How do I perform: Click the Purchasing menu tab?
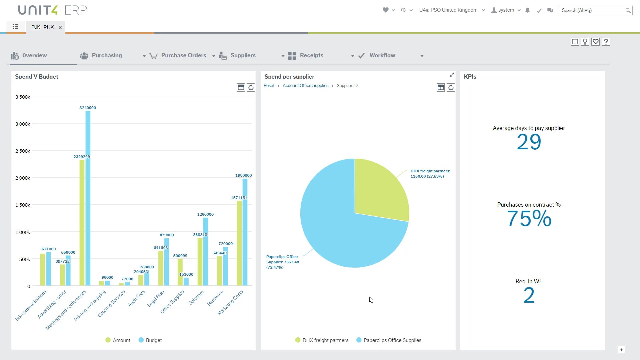pyautogui.click(x=106, y=56)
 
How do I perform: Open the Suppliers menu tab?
pyautogui.click(x=243, y=56)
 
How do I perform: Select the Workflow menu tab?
pyautogui.click(x=382, y=56)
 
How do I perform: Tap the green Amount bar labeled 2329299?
pyautogui.click(x=82, y=223)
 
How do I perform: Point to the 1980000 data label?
pyautogui.click(x=243, y=175)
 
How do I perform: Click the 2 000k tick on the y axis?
pyautogui.click(x=23, y=178)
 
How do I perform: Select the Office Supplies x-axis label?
pyautogui.click(x=172, y=302)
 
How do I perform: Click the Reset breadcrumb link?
pyautogui.click(x=269, y=86)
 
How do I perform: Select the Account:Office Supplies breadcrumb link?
pyautogui.click(x=305, y=86)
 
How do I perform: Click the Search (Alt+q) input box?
pyautogui.click(x=592, y=10)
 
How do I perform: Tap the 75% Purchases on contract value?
pyautogui.click(x=529, y=219)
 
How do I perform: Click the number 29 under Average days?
pyautogui.click(x=529, y=142)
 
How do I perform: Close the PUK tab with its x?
pyautogui.click(x=60, y=28)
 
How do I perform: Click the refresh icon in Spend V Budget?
pyautogui.click(x=251, y=88)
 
